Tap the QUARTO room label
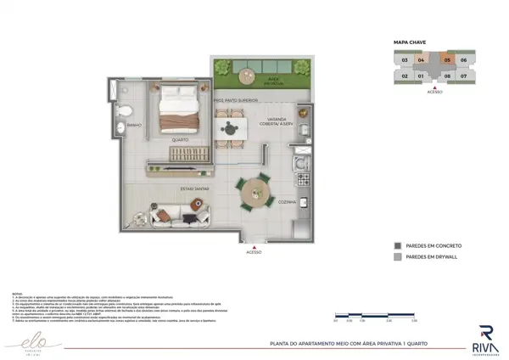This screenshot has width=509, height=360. click(180, 140)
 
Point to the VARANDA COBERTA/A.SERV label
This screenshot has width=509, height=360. click(281, 121)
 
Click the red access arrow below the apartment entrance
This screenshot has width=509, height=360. click(254, 246)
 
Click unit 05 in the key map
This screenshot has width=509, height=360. click(447, 60)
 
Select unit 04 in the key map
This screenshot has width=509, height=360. click(420, 60)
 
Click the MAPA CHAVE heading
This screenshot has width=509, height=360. click(411, 41)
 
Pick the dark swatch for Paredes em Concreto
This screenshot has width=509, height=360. click(398, 246)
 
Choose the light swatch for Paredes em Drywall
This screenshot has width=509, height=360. click(398, 257)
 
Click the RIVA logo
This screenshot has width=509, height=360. click(485, 338)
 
